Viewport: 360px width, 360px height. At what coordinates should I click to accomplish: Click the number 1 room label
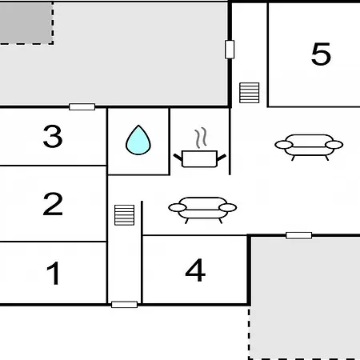point(53,273)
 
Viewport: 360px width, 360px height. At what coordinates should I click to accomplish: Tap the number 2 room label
point(53,204)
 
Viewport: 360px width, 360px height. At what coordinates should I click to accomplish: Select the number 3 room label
point(53,136)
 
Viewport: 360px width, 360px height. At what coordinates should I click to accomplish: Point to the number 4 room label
point(195,270)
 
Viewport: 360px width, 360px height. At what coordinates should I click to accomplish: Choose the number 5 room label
point(321,54)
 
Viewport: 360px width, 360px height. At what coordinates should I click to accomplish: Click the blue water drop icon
point(138,141)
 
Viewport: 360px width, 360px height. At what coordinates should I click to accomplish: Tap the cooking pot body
point(199,159)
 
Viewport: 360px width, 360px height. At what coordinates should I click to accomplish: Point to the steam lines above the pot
point(201,138)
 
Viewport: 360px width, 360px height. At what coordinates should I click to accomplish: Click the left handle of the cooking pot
point(178,157)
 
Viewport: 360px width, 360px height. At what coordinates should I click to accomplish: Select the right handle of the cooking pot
point(222,157)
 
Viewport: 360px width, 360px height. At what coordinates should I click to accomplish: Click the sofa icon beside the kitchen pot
point(309,146)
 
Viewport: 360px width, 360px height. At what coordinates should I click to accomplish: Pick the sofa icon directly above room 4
point(202,210)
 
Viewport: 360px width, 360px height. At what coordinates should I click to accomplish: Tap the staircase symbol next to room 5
point(250,93)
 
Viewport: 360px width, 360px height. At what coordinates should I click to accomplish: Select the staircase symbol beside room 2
point(124,215)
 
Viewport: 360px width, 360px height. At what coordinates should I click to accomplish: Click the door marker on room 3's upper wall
point(82,106)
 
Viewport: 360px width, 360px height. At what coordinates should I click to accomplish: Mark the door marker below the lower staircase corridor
point(124,304)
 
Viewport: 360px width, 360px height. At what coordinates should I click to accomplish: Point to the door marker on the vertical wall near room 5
point(230,50)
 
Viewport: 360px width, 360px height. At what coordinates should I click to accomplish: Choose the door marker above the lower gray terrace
point(298,235)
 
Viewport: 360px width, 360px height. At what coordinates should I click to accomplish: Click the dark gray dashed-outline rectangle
point(26,23)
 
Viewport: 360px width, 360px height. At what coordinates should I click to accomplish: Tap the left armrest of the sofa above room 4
point(178,207)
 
